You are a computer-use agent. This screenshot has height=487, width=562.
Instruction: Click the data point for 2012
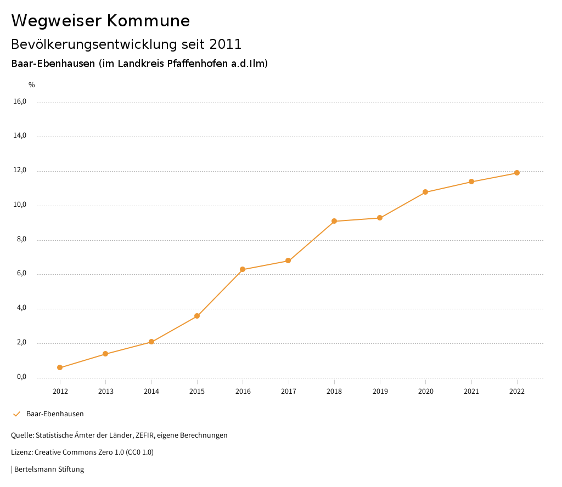[x=60, y=367]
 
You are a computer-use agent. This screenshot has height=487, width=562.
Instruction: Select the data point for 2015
[x=197, y=316]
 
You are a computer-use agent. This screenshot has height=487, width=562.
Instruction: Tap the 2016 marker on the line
[x=243, y=269]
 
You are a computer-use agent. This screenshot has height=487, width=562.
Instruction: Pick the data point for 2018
[x=334, y=221]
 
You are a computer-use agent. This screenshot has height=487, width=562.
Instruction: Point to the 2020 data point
[x=425, y=192]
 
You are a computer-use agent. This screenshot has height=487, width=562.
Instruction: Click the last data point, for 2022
[x=517, y=173]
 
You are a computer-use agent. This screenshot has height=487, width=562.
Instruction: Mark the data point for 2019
[x=380, y=218]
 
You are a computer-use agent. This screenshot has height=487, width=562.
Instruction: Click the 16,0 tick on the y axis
[x=20, y=101]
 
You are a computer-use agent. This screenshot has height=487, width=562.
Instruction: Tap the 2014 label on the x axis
[x=151, y=391]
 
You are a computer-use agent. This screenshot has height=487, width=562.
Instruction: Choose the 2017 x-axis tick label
[x=289, y=391]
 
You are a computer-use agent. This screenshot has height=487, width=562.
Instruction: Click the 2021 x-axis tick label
[x=471, y=391]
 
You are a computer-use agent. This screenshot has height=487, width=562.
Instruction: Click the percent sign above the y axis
[x=32, y=85]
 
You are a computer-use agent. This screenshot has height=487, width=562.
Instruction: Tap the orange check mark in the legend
[x=16, y=414]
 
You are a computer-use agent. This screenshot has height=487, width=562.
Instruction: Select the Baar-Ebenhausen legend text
[x=55, y=414]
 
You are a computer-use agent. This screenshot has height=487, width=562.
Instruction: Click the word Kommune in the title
[x=148, y=21]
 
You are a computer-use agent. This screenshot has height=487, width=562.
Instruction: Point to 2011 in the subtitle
[x=226, y=44]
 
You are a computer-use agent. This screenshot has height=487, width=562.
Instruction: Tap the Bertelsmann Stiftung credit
[x=49, y=469]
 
